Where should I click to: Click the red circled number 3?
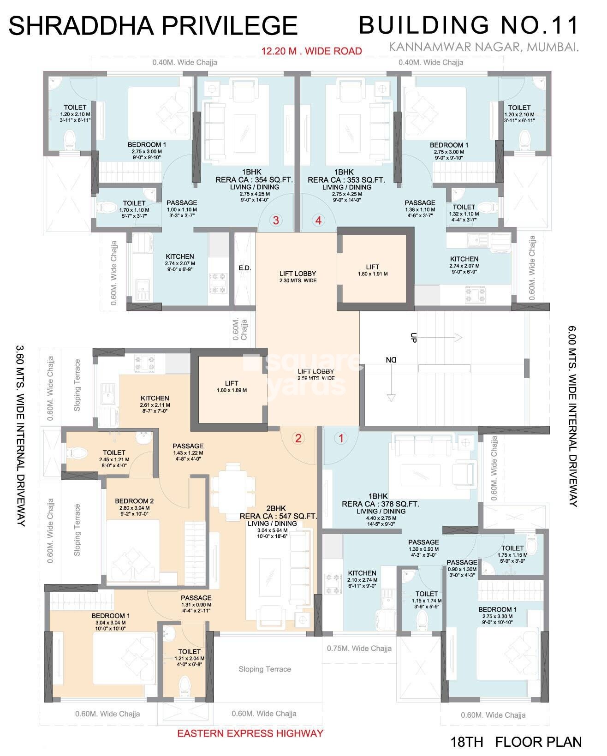tap(276, 220)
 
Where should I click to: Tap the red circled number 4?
tap(318, 220)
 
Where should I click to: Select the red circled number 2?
tap(298, 438)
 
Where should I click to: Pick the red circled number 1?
tap(341, 438)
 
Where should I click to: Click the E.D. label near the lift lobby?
tap(244, 268)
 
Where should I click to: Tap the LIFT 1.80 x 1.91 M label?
tap(372, 270)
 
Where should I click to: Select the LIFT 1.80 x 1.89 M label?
tap(232, 387)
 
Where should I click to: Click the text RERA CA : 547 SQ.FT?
tap(278, 516)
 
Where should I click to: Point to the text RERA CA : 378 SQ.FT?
tap(380, 504)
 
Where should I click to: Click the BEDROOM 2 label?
tap(134, 501)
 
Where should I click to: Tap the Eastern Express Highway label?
tap(250, 733)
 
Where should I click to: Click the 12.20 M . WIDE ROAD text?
tap(311, 51)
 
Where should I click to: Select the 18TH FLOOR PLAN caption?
tap(516, 742)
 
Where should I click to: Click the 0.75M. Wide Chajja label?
tap(359, 648)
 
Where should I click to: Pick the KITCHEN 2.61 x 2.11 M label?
tap(155, 401)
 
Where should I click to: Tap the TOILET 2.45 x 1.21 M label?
tap(114, 456)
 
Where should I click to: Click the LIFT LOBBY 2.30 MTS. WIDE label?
tap(298, 277)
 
